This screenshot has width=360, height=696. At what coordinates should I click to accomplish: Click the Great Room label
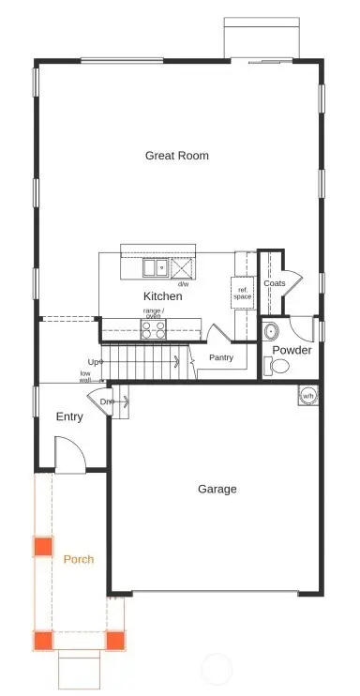(176, 156)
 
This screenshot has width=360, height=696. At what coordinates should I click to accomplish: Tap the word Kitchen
(163, 296)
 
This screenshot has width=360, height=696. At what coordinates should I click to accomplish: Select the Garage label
(217, 489)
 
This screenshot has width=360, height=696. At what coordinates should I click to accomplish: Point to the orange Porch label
(78, 560)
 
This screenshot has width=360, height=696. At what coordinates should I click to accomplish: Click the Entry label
(69, 416)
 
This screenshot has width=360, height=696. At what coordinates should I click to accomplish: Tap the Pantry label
(221, 357)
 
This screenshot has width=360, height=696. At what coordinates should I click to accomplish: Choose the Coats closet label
(275, 283)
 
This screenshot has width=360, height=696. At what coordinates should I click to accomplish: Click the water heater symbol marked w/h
(307, 395)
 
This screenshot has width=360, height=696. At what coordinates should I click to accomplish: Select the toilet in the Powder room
(278, 366)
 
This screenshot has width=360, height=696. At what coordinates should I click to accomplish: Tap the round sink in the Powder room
(272, 330)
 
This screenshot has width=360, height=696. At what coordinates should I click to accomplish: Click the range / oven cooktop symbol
(153, 328)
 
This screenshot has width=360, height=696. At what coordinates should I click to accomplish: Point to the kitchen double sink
(155, 267)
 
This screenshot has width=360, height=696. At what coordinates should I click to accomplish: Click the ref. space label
(244, 293)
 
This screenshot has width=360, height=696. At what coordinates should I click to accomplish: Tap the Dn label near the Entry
(107, 401)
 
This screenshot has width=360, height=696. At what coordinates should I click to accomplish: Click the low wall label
(85, 376)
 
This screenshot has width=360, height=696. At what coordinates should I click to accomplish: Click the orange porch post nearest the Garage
(115, 641)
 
